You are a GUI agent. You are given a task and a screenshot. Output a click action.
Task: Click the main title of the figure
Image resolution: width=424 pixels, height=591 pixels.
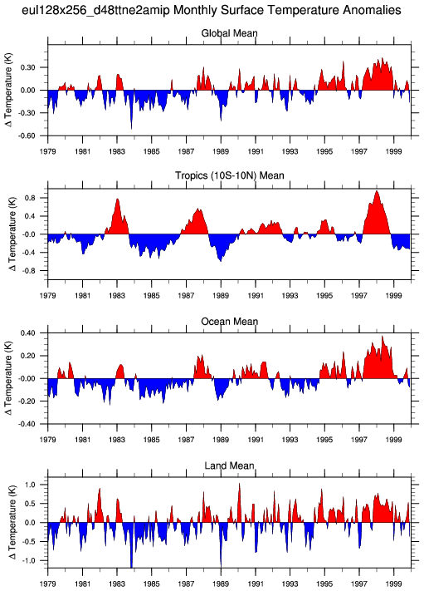click(212, 10)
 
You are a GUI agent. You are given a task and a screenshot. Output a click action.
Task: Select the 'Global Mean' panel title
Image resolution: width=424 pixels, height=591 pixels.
click(230, 33)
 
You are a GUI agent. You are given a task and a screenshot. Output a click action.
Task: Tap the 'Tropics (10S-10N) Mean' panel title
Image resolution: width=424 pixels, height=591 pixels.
click(230, 175)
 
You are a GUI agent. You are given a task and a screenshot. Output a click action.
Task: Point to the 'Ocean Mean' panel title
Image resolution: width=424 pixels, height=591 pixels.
click(230, 322)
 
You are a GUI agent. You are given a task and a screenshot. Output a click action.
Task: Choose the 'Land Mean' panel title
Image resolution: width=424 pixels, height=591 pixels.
click(230, 465)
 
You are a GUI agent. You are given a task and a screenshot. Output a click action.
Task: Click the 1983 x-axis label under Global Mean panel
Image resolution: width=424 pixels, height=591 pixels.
click(117, 151)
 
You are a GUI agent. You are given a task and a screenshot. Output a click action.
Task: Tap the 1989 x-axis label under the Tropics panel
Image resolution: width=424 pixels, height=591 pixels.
click(221, 296)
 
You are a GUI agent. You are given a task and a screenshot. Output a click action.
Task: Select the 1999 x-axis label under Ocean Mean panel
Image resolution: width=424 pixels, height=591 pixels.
click(394, 440)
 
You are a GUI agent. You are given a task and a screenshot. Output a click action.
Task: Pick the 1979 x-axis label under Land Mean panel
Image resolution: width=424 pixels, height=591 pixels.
click(48, 584)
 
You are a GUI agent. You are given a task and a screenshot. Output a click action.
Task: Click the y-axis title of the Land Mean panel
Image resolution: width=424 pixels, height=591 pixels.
click(12, 522)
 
